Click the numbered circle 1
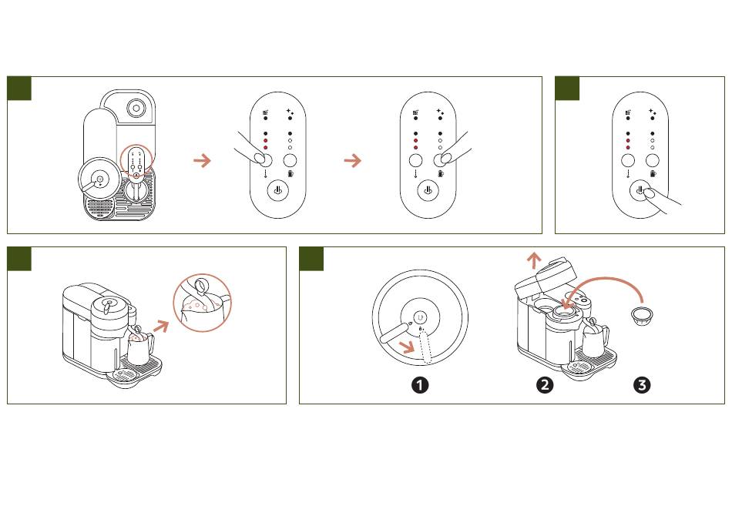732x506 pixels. point(420,385)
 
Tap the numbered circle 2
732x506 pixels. point(545,385)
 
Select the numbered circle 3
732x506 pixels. point(641,385)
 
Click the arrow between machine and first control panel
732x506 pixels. point(202,160)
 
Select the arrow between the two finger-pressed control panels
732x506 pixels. point(352,160)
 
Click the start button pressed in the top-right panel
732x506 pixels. point(640,192)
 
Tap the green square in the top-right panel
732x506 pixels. point(567,89)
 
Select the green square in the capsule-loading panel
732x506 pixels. point(311,259)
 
